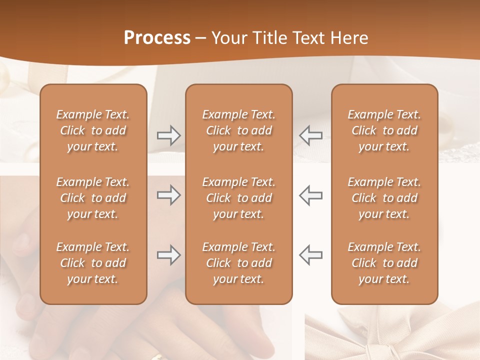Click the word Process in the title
(x=157, y=38)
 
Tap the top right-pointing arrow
(x=168, y=135)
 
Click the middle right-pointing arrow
(x=168, y=195)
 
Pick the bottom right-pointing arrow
(x=168, y=255)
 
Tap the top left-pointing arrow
(x=311, y=135)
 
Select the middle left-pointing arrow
(x=311, y=195)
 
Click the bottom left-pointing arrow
(x=311, y=255)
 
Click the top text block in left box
(x=93, y=130)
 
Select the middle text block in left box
(x=93, y=198)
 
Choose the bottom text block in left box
(x=93, y=263)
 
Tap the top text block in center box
(x=238, y=130)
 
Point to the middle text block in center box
(x=238, y=198)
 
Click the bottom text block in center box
(x=238, y=263)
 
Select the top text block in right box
(x=384, y=130)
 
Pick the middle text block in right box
(x=384, y=198)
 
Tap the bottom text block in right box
(x=384, y=263)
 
